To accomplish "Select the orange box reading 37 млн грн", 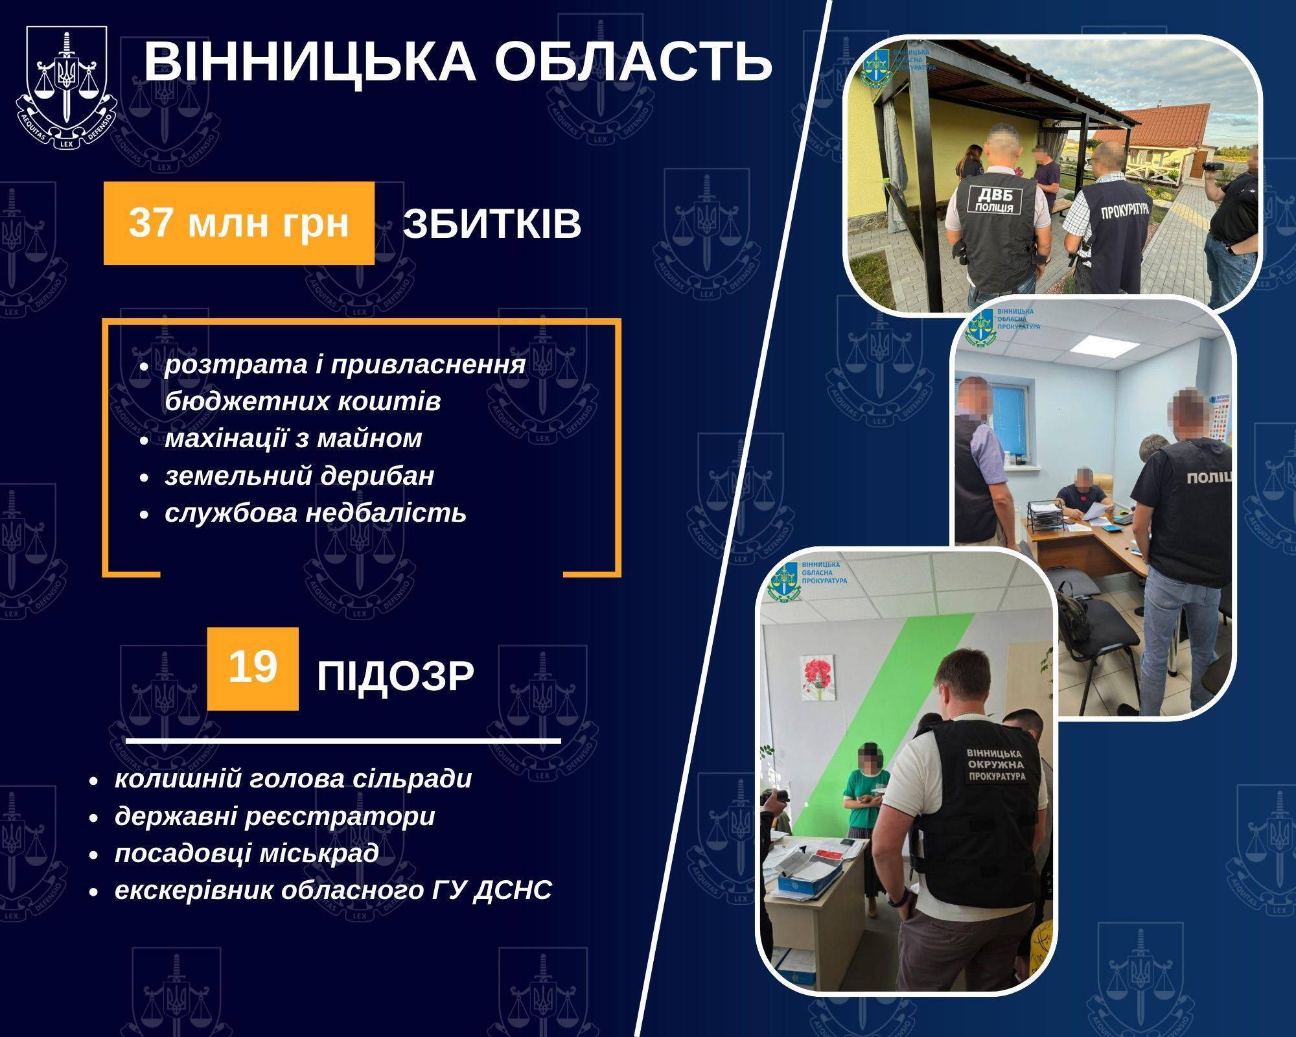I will tap(239, 223).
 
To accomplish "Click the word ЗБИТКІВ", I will tap(492, 224).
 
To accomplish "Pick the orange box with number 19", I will tap(253, 668).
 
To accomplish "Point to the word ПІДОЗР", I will tap(395, 677).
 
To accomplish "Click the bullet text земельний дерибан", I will tap(299, 476).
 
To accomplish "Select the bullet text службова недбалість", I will tap(315, 513).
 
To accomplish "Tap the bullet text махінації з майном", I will tap(293, 439).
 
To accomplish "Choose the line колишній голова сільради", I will tap(293, 778).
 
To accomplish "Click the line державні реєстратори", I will tap(275, 816).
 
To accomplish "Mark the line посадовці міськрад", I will tap(246, 853).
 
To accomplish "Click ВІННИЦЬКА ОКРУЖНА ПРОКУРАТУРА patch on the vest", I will tap(995, 765).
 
